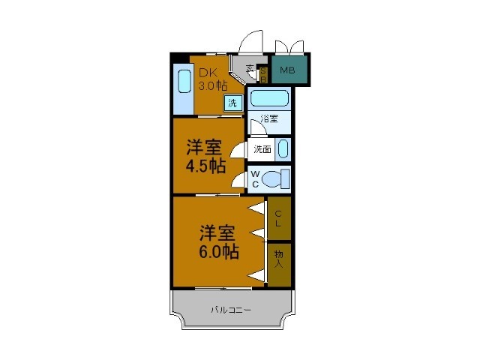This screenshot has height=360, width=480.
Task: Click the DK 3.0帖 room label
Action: pos(212,79)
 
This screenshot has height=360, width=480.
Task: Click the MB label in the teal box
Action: pos(287,71)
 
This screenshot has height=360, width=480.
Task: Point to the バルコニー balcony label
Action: pos(231,310)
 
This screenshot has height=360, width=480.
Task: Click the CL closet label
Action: pos(278,218)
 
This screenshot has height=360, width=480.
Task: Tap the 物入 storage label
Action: pos(279,259)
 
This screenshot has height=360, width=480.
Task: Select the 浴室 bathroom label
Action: pos(270,118)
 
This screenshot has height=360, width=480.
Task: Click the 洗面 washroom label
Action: pos(262,149)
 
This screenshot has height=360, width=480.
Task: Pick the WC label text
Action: pos(255,179)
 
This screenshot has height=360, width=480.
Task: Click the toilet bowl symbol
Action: pos(277,180)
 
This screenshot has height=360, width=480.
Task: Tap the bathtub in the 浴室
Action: pos(269,98)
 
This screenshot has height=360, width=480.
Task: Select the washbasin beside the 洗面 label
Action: pos(282,149)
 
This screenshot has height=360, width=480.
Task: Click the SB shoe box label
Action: pos(263,73)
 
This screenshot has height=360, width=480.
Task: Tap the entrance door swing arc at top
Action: pos(252,41)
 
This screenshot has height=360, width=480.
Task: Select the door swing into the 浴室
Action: pos(256,128)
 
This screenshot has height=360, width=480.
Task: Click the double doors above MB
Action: pos(290,46)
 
